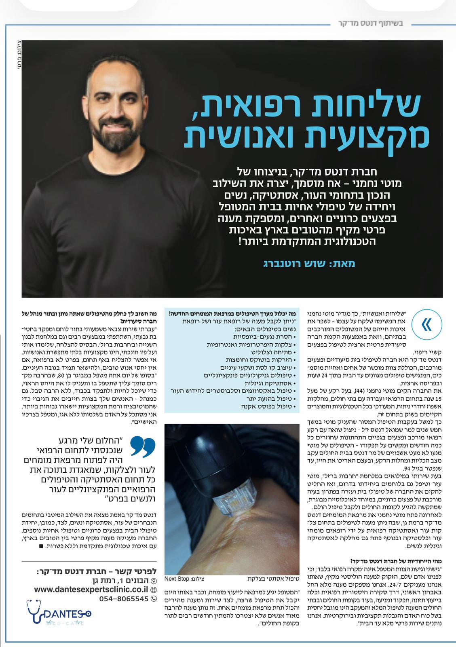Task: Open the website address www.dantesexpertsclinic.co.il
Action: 91,590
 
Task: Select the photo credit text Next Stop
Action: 177,579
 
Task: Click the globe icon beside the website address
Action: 153,590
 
